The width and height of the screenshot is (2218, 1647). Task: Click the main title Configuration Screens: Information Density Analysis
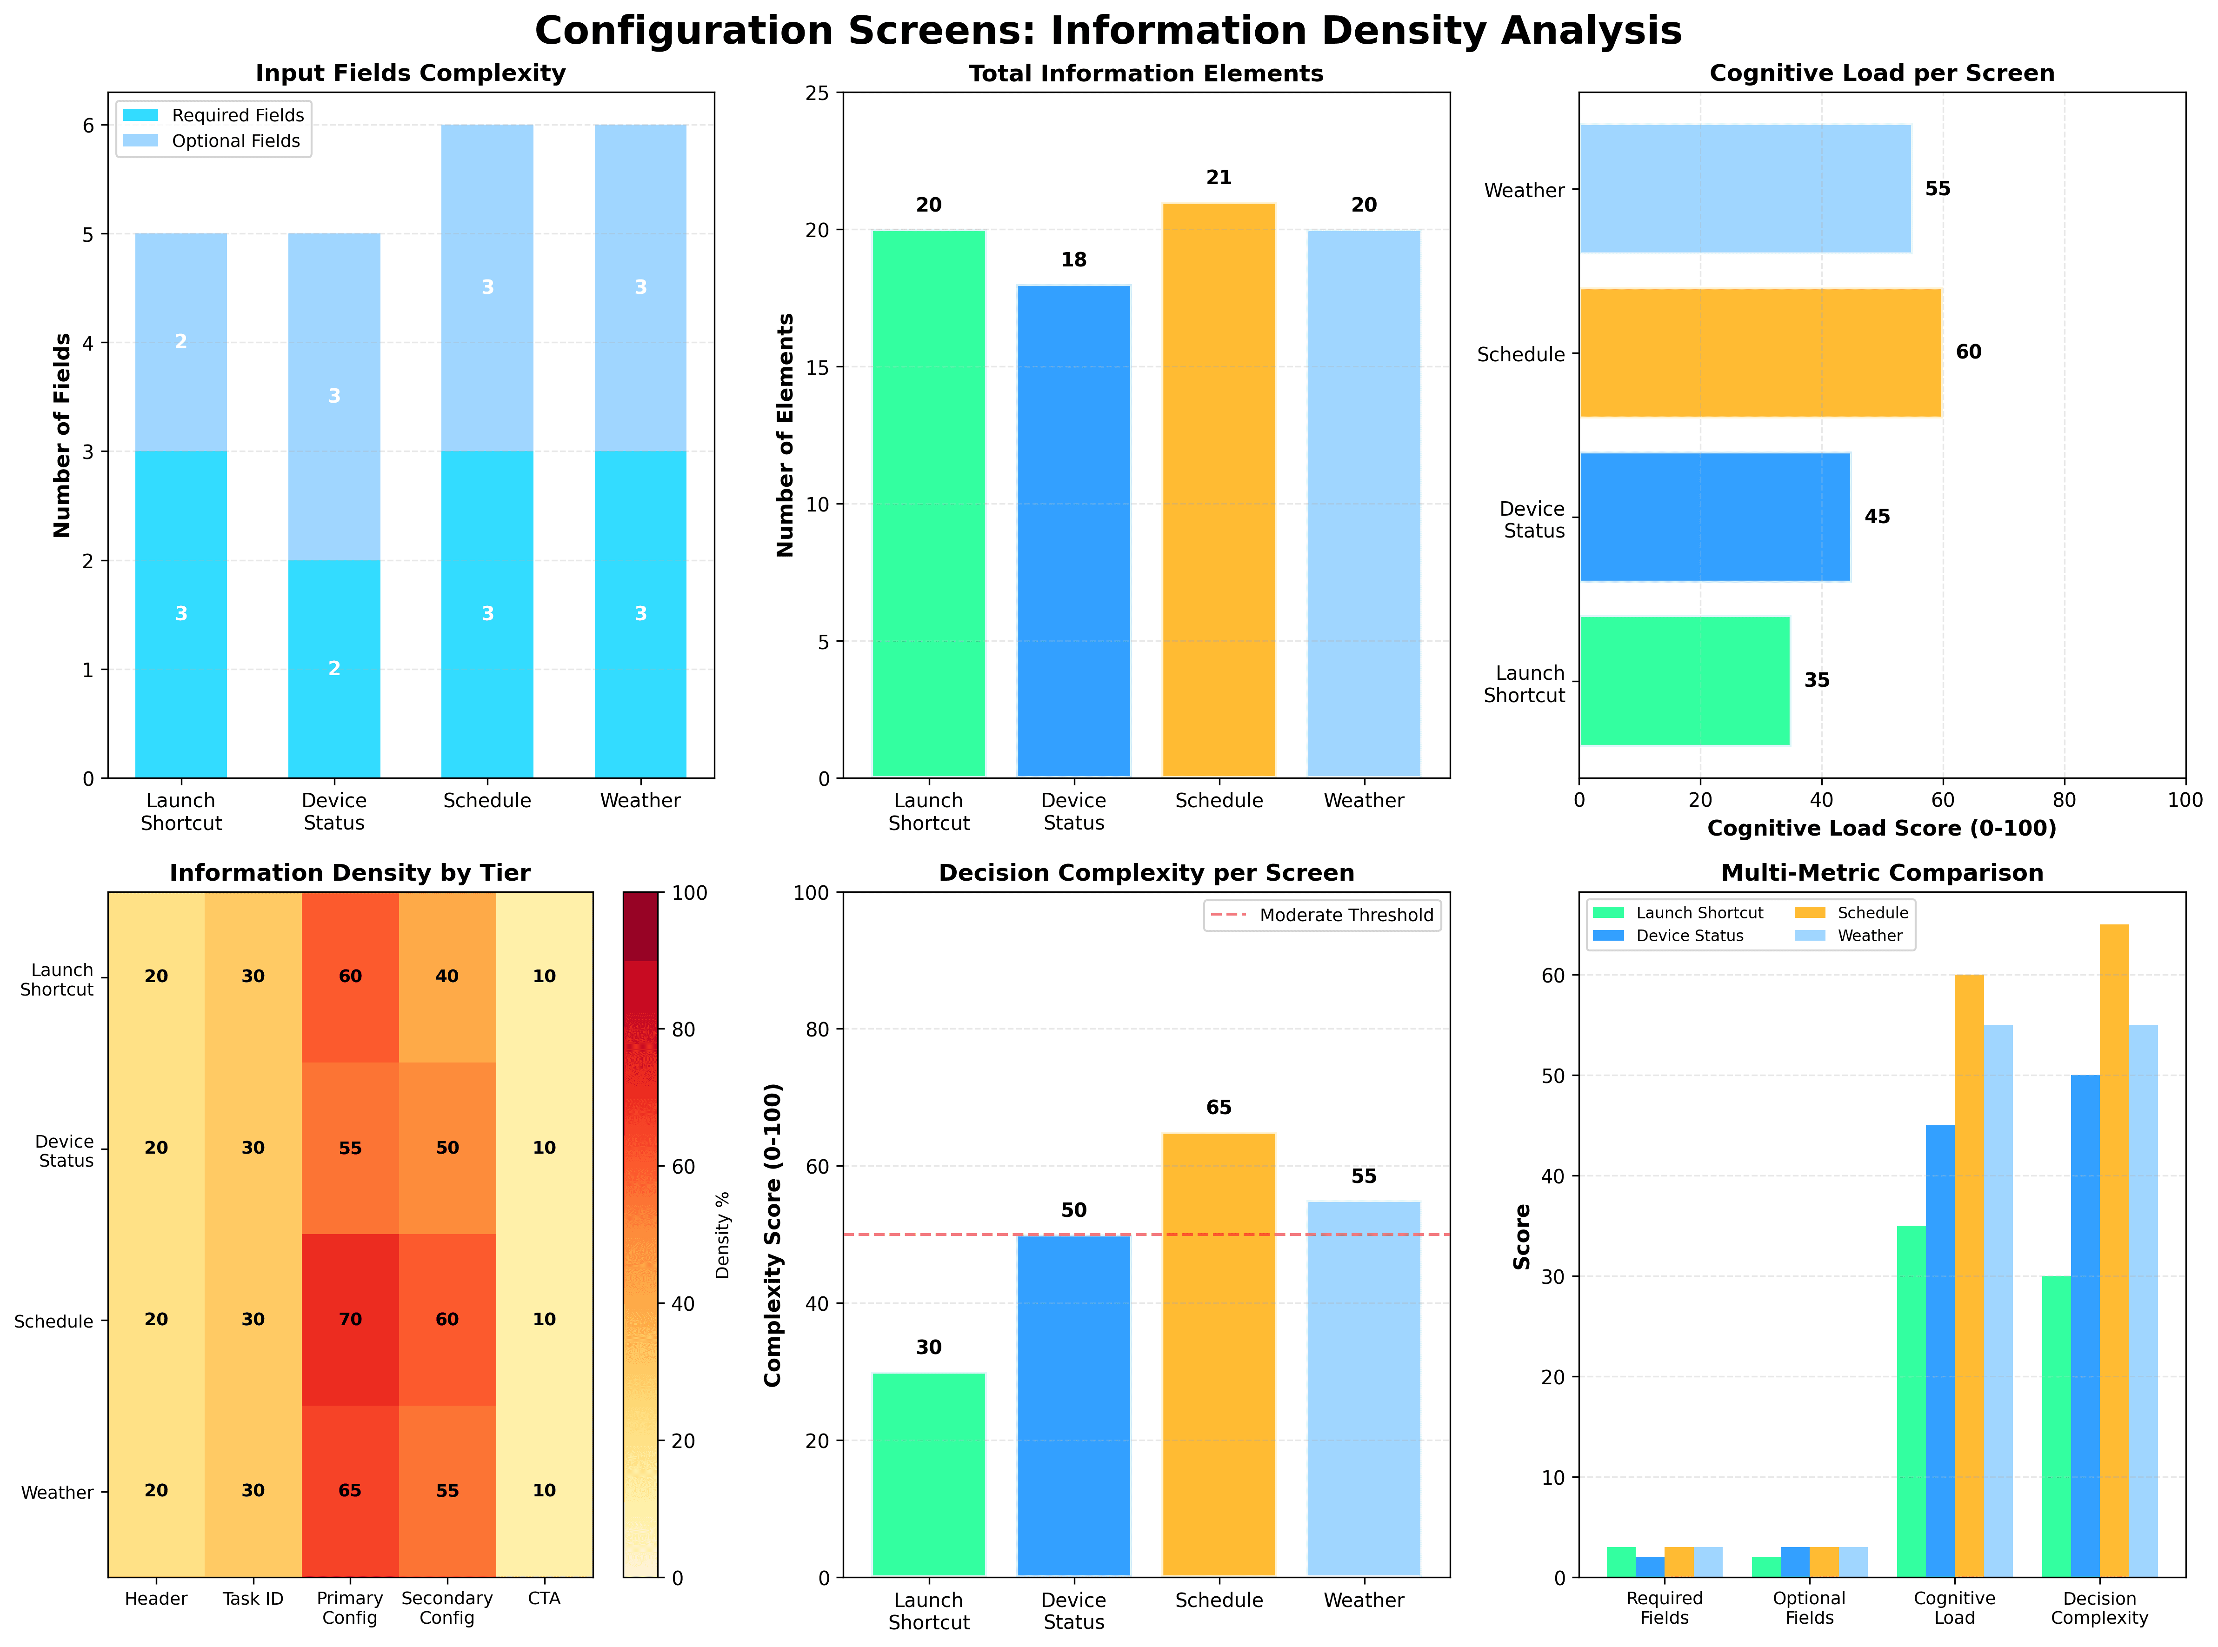(x=1108, y=31)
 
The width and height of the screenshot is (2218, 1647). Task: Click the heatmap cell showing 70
(x=350, y=1319)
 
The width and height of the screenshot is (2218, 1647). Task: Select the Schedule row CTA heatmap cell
(x=544, y=1319)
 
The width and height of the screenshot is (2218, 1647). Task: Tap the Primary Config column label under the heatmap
(x=350, y=1607)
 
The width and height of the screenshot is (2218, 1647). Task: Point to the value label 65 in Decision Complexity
(x=1219, y=1108)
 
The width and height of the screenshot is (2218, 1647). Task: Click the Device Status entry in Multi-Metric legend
(x=1690, y=936)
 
